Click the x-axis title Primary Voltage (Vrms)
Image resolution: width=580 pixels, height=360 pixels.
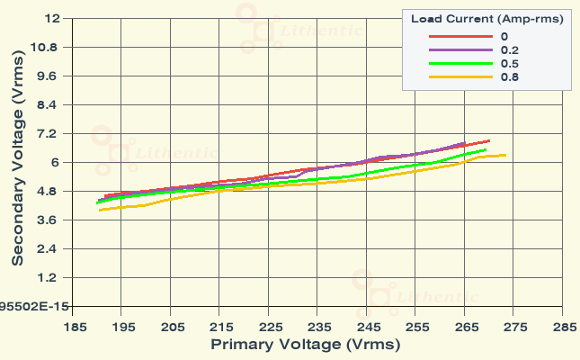tap(306, 344)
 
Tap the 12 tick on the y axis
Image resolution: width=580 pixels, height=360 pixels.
tap(51, 19)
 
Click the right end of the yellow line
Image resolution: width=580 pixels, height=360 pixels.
tap(506, 155)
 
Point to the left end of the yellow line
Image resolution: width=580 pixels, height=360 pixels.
tap(100, 211)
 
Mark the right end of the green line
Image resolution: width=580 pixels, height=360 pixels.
tap(486, 150)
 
